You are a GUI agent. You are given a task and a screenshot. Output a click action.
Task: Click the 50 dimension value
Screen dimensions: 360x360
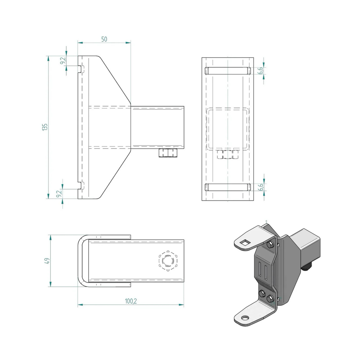click(x=104, y=39)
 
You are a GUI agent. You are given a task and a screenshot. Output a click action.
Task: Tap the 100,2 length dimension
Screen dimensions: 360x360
click(x=131, y=301)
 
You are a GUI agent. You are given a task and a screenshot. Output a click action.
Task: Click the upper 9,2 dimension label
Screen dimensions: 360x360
click(x=63, y=60)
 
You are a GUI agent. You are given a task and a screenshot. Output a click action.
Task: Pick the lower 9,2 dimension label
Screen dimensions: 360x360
click(x=59, y=194)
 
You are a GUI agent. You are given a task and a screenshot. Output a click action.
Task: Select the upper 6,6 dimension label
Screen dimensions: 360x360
click(x=261, y=70)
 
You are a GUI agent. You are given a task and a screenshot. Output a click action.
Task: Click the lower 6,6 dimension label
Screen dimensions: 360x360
click(x=261, y=187)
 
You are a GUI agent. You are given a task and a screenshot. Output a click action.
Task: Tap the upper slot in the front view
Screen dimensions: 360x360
click(x=228, y=71)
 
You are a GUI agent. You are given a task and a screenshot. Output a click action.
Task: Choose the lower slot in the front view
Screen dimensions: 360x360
click(x=228, y=187)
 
